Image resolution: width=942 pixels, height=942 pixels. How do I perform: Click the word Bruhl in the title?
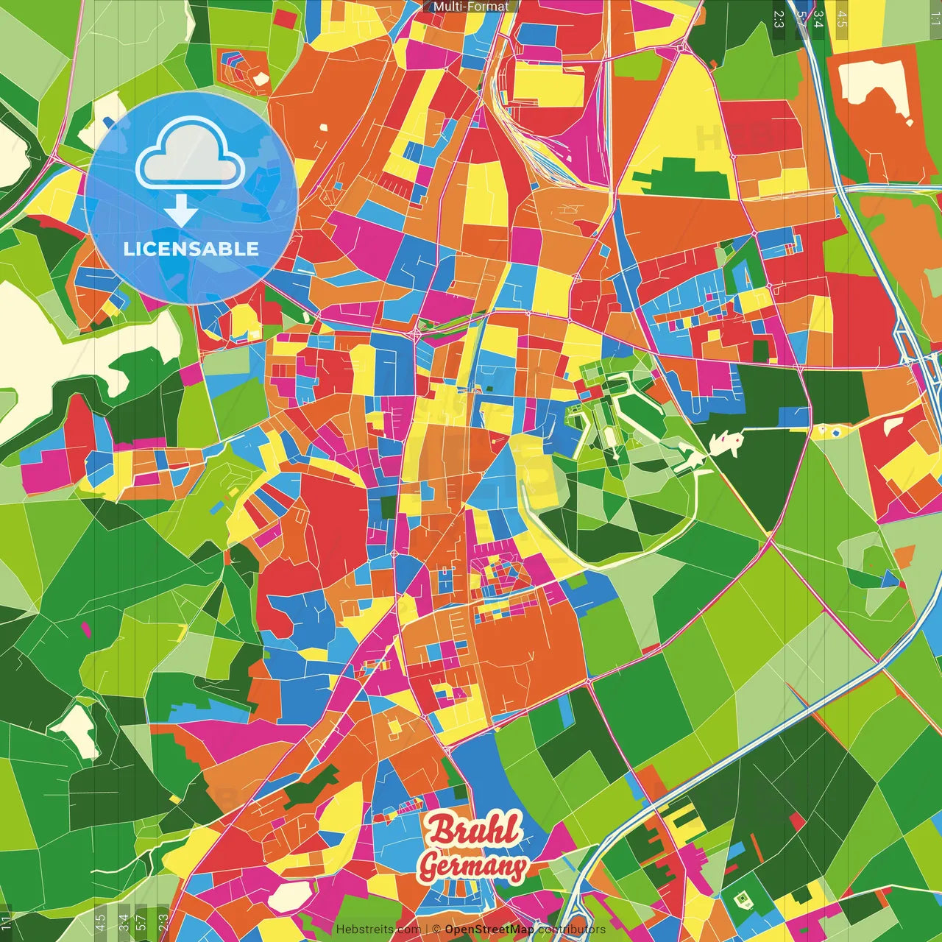coord(474,829)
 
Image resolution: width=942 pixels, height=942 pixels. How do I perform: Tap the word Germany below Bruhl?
coord(473,865)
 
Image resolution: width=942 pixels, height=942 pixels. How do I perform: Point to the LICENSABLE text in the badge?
coord(191,249)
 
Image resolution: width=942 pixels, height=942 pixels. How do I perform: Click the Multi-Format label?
coord(471,7)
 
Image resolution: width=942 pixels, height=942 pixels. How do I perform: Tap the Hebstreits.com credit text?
coord(378,929)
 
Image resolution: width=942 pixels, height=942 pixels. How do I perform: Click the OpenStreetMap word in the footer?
coord(489,929)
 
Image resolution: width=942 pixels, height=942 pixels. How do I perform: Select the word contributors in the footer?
coord(572,929)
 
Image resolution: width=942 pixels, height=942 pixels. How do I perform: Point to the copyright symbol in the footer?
coord(436,929)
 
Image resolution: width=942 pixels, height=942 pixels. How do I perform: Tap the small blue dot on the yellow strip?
coord(837,432)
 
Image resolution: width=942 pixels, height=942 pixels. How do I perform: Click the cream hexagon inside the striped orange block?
coord(260,77)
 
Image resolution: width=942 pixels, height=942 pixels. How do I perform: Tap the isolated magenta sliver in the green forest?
coord(86,630)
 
